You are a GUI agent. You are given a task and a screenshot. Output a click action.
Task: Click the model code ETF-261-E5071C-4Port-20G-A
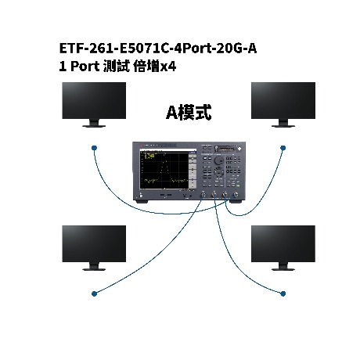pos(158,49)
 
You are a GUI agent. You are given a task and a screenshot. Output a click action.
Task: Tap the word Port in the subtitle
pos(85,67)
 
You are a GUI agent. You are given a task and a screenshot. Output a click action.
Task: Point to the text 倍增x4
pos(155,67)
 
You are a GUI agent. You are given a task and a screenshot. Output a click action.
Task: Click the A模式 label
pos(189,113)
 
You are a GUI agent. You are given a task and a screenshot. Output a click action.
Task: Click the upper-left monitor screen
pos(94,101)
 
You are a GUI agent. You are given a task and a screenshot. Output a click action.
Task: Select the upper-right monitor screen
pos(283,101)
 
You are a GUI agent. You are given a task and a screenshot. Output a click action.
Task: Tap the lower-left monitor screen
pos(94,244)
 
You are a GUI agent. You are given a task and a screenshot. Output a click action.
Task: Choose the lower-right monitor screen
pos(283,244)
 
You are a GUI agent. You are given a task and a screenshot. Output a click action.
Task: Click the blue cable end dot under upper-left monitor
pos(94,148)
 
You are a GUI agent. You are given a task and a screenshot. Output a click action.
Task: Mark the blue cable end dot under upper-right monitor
pos(283,148)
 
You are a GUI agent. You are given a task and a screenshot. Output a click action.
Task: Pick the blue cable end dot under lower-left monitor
pos(94,293)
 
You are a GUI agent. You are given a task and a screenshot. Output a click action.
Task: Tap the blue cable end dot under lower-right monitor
pos(283,293)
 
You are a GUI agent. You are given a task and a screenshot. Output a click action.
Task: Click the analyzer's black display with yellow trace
pos(164,170)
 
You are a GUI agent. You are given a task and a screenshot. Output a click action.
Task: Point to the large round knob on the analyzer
pos(218,160)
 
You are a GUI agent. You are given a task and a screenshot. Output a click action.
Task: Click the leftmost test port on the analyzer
pos(203,194)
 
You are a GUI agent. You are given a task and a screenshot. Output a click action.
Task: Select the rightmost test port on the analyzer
pos(236,194)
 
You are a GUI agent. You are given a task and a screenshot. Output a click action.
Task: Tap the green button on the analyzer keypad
pos(238,185)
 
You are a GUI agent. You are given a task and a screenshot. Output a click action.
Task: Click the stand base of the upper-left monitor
pos(94,126)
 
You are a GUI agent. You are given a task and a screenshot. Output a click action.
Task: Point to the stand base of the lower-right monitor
pos(283,269)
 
